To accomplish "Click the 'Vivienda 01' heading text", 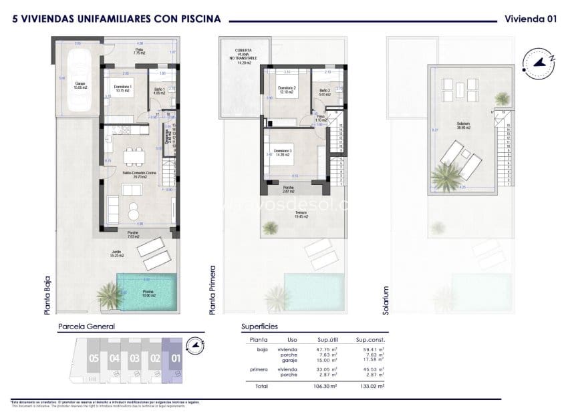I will click(530, 19).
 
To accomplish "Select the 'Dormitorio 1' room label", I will click(122, 87).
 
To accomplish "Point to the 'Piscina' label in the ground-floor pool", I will click(148, 291).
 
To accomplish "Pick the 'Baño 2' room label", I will click(324, 92).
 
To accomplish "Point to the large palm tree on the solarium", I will click(444, 177).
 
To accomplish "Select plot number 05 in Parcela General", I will click(94, 358).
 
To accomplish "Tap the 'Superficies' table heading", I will click(259, 327).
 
